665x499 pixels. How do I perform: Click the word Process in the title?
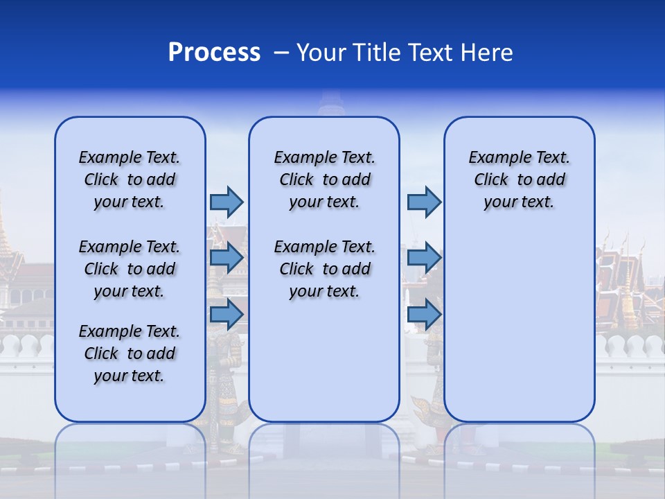pyautogui.click(x=214, y=53)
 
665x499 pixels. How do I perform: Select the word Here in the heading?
pyautogui.click(x=485, y=53)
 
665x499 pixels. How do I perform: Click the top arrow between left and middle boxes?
pyautogui.click(x=227, y=202)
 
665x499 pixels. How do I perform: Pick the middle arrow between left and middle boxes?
pyautogui.click(x=227, y=258)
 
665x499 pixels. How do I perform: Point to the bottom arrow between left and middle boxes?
pyautogui.click(x=227, y=315)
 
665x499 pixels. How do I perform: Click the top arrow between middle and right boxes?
pyautogui.click(x=424, y=202)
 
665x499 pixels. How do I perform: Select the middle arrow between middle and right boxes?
pyautogui.click(x=424, y=258)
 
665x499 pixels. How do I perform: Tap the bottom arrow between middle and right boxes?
pyautogui.click(x=424, y=315)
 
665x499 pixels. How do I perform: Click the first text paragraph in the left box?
pyautogui.click(x=130, y=180)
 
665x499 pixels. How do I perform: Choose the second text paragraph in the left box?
pyautogui.click(x=130, y=269)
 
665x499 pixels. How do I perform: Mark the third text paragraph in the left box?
pyautogui.click(x=130, y=353)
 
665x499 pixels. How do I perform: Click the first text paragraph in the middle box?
pyautogui.click(x=324, y=180)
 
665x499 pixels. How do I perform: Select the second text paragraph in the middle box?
pyautogui.click(x=324, y=269)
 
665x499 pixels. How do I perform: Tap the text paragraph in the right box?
pyautogui.click(x=520, y=180)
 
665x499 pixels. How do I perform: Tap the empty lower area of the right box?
pyautogui.click(x=520, y=333)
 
